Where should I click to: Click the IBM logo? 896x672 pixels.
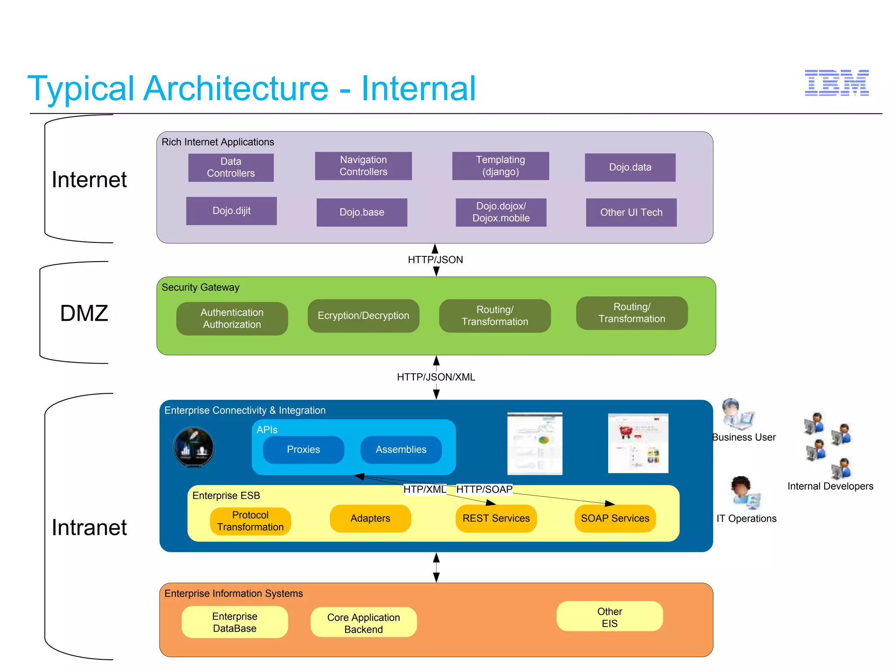[836, 83]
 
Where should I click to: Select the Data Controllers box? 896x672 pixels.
[231, 167]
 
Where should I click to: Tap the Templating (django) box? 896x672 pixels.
[500, 166]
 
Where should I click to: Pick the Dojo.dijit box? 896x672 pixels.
[231, 211]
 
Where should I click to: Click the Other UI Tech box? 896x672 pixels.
[631, 212]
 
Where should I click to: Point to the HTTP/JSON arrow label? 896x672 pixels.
[435, 259]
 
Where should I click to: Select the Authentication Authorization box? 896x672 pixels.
[232, 318]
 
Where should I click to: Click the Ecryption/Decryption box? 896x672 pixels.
[363, 315]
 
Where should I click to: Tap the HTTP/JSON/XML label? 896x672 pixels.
[436, 377]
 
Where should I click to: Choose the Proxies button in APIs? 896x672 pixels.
[303, 449]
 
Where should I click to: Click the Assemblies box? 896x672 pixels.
[401, 449]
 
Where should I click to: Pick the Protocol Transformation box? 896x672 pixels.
[250, 521]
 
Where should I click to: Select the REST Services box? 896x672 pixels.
[496, 518]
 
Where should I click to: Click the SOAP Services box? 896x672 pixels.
[615, 518]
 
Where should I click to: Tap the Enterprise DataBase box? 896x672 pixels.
[234, 622]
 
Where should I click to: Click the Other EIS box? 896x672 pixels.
[609, 617]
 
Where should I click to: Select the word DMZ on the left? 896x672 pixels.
[84, 313]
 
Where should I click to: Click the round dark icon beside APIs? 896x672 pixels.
[194, 447]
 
